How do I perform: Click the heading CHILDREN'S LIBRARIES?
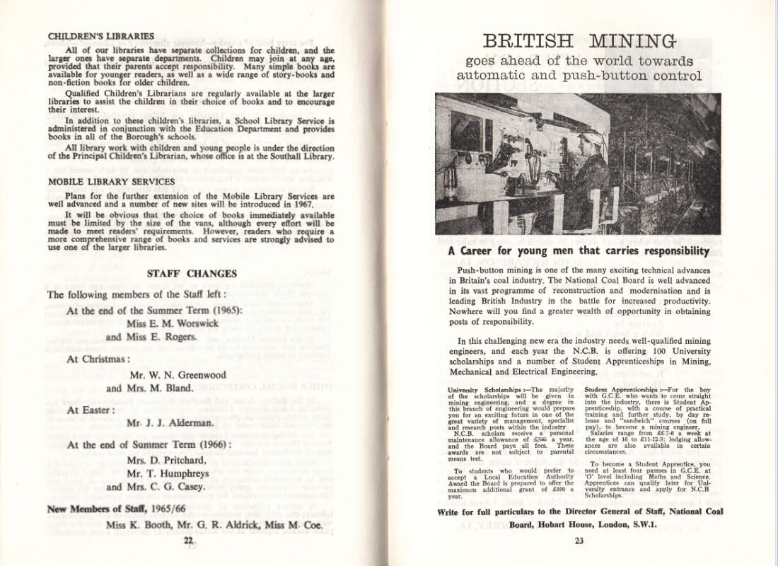click(x=100, y=36)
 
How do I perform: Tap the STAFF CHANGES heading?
click(x=191, y=274)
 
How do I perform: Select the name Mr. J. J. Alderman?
click(x=170, y=423)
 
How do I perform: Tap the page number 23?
click(x=579, y=542)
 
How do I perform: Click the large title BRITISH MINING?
click(x=579, y=41)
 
